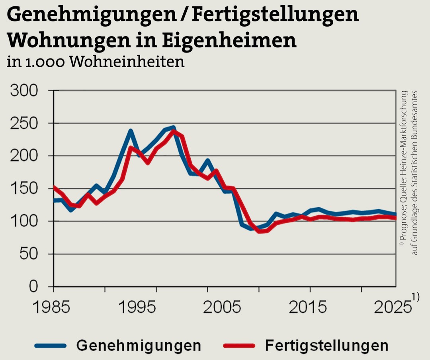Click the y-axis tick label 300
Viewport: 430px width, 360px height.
[x=24, y=91]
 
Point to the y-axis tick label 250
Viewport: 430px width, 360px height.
[x=24, y=124]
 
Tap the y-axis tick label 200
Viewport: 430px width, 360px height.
[x=24, y=156]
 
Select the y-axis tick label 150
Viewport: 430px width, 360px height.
[x=24, y=189]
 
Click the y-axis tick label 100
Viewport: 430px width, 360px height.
[x=24, y=222]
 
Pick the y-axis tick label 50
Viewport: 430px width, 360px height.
[x=30, y=254]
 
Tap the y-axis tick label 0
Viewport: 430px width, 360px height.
[x=35, y=287]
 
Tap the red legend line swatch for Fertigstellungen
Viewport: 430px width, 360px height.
[x=239, y=345]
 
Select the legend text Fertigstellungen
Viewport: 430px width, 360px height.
[x=326, y=345]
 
